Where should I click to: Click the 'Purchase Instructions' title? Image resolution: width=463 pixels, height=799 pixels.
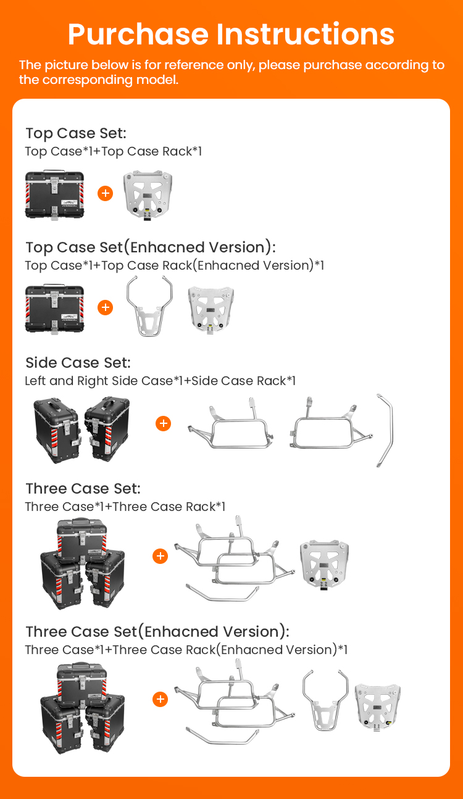pyautogui.click(x=231, y=35)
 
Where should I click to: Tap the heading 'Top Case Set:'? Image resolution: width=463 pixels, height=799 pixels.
pyautogui.click(x=76, y=133)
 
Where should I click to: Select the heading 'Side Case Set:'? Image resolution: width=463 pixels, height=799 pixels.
pyautogui.click(x=78, y=363)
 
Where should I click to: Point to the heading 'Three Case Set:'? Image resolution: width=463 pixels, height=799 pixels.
pyautogui.click(x=83, y=489)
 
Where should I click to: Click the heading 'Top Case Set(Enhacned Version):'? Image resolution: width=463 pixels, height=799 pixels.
pyautogui.click(x=151, y=247)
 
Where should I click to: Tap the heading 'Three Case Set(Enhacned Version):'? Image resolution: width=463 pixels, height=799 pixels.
pyautogui.click(x=157, y=632)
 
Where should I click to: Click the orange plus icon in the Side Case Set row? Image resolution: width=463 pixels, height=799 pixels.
pyautogui.click(x=163, y=423)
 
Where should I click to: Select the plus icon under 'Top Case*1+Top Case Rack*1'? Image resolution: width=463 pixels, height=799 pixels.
pyautogui.click(x=106, y=193)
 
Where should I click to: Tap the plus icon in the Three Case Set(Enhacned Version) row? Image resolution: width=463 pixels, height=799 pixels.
pyautogui.click(x=161, y=699)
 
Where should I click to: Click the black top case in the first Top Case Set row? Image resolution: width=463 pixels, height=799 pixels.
pyautogui.click(x=54, y=195)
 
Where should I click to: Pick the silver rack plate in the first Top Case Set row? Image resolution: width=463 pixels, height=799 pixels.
pyautogui.click(x=148, y=196)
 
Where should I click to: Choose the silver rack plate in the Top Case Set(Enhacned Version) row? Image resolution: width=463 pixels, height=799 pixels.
pyautogui.click(x=211, y=310)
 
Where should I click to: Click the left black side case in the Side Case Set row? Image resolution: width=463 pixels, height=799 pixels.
pyautogui.click(x=57, y=431)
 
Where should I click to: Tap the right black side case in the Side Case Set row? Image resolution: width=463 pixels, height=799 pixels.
pyautogui.click(x=107, y=428)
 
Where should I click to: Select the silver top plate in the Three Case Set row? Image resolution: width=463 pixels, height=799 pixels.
pyautogui.click(x=325, y=565)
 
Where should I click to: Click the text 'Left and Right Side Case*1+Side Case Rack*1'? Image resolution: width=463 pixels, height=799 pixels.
pyautogui.click(x=161, y=381)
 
